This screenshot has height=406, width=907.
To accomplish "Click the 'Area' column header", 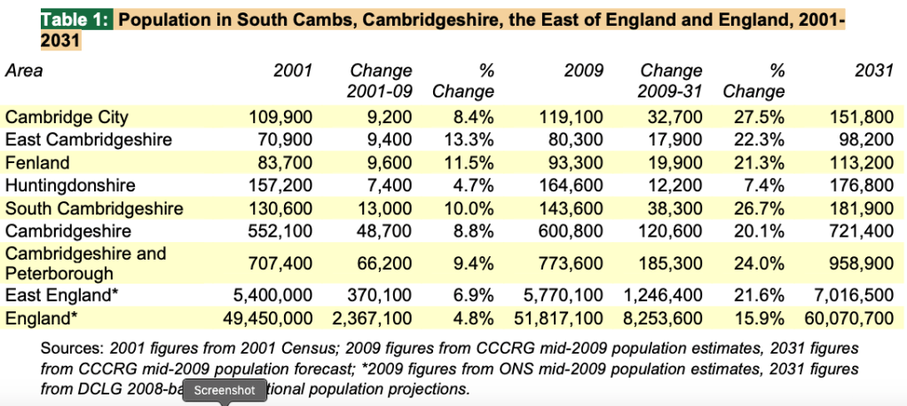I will pyautogui.click(x=24, y=71).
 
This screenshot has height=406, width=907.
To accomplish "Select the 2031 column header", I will pyautogui.click(x=874, y=71).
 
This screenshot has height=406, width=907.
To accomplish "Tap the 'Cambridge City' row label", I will pyautogui.click(x=67, y=117).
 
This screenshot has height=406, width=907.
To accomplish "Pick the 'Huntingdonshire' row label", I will pyautogui.click(x=70, y=186).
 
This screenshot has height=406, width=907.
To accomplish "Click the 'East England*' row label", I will pyautogui.click(x=60, y=296).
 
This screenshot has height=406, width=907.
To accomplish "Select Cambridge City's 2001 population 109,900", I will pyautogui.click(x=280, y=117).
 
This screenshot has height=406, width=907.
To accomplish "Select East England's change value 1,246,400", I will pyautogui.click(x=660, y=296).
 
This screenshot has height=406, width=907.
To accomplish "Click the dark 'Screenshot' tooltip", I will pyautogui.click(x=225, y=390).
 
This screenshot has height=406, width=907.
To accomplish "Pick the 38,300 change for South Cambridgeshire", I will pyautogui.click(x=674, y=209).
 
